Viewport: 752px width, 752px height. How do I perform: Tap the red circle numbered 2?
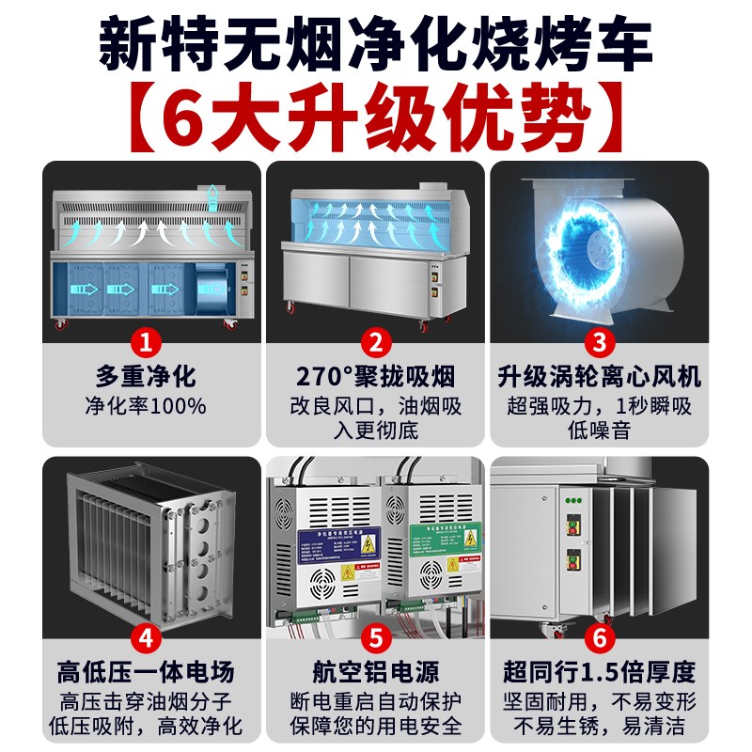[375, 339]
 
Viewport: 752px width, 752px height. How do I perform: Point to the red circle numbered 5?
[375, 637]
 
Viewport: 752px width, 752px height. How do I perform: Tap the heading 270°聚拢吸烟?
[375, 378]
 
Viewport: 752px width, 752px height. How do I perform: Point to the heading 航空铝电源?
[375, 673]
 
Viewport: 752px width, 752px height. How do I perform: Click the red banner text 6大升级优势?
[375, 115]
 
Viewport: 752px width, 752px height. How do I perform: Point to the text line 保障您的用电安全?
[375, 726]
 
